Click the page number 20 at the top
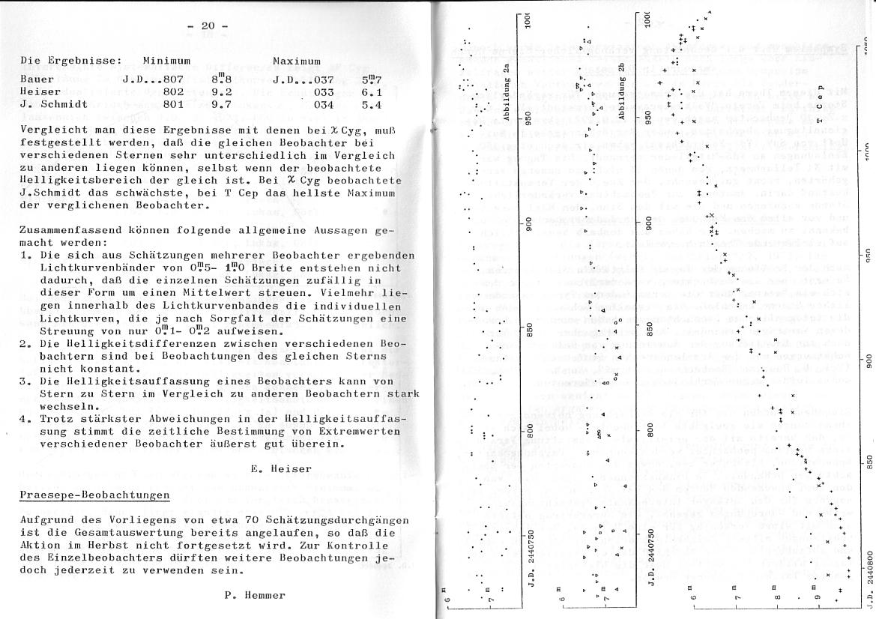pyautogui.click(x=208, y=26)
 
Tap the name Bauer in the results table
pyautogui.click(x=37, y=78)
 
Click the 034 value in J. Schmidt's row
pyautogui.click(x=324, y=105)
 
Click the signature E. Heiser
pyautogui.click(x=281, y=468)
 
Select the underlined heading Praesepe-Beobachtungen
pyautogui.click(x=94, y=495)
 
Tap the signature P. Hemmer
pyautogui.click(x=255, y=595)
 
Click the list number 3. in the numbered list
pyautogui.click(x=25, y=381)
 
